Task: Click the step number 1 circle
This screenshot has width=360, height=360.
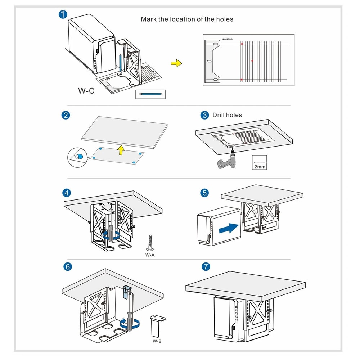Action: (x=63, y=15)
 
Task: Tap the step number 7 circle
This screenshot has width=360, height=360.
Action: (x=206, y=267)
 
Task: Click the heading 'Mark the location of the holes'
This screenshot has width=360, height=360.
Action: (x=187, y=19)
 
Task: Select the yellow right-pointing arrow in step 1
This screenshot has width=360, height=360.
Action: (x=176, y=63)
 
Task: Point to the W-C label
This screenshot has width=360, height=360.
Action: (x=86, y=91)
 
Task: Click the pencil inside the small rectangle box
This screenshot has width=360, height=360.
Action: (x=152, y=94)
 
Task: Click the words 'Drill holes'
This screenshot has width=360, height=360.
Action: (x=227, y=115)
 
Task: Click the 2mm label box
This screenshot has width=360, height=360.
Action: (x=260, y=162)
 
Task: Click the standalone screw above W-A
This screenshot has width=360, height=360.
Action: (x=149, y=243)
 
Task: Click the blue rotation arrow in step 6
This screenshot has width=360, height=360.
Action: (x=130, y=324)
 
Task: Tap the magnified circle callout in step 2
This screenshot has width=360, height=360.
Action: (x=77, y=157)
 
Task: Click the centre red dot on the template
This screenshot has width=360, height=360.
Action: (x=252, y=60)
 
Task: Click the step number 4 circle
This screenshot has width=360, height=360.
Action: (x=66, y=193)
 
